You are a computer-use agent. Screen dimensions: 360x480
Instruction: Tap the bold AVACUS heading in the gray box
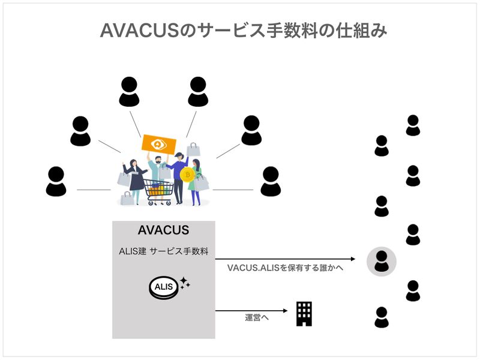[x=163, y=230]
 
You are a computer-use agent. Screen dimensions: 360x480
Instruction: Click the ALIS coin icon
[x=163, y=287]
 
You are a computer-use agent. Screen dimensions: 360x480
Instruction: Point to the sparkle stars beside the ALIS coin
[x=184, y=282]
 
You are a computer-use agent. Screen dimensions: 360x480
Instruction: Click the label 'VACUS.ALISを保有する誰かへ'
[x=285, y=268]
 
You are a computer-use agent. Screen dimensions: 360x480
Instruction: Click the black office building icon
[x=304, y=314]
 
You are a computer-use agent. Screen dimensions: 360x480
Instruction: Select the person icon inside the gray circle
[x=382, y=261]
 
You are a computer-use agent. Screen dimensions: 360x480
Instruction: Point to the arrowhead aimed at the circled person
[x=360, y=259]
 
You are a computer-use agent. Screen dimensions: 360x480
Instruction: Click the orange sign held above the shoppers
[x=159, y=144]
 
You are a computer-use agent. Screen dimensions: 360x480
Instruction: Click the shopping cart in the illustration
[x=161, y=192]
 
